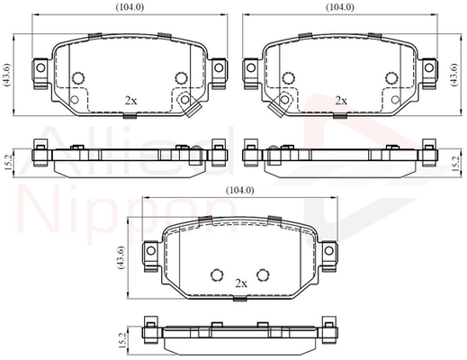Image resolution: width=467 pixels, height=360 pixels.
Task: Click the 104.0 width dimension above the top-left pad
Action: click(130, 7)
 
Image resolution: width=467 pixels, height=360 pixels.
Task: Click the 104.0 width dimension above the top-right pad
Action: click(340, 7)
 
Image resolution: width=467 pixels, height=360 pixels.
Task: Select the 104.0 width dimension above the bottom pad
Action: click(240, 190)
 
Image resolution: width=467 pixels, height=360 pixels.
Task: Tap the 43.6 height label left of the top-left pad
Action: click(7, 75)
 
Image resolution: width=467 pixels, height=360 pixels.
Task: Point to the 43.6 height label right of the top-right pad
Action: click(454, 75)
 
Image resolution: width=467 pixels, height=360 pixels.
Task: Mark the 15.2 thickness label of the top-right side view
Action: click(456, 164)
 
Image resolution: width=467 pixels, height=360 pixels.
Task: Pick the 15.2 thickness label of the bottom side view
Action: click(121, 340)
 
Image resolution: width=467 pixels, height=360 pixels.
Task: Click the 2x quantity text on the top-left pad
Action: click(130, 101)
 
